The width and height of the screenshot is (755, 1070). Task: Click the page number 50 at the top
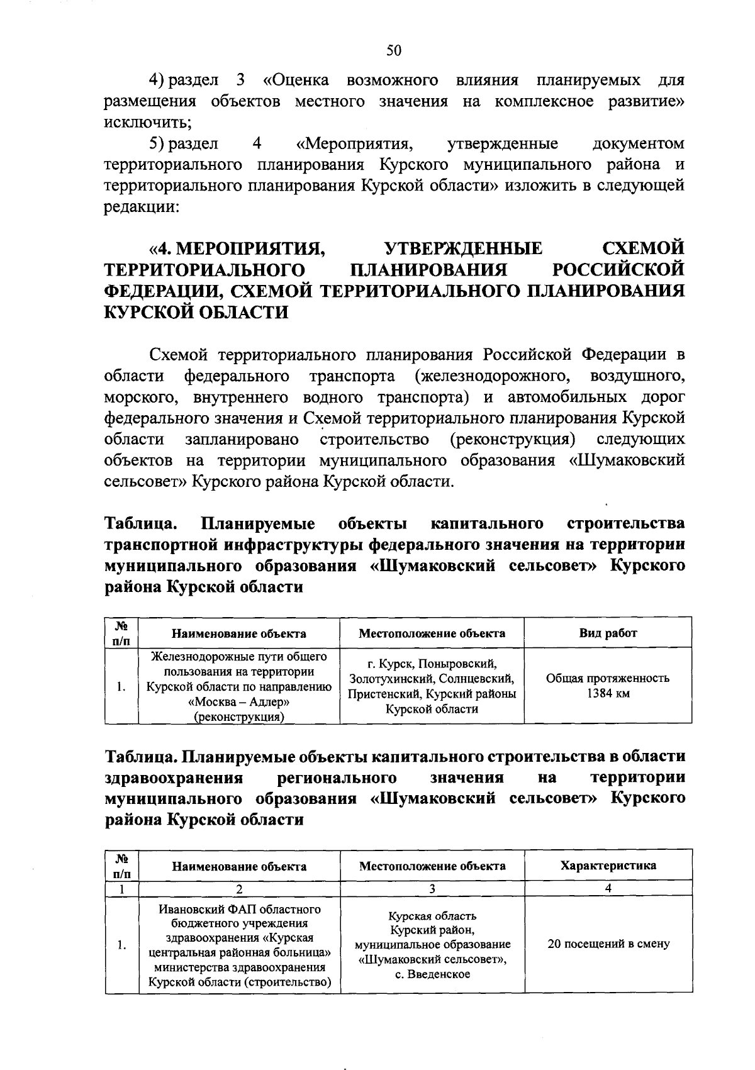394,51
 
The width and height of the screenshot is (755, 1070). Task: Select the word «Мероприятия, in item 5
355,144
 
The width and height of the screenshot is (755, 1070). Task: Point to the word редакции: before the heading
142,208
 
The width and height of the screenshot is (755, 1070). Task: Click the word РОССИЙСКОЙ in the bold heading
618,269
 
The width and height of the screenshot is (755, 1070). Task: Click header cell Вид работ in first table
607,633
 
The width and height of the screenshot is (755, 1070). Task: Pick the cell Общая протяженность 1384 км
607,686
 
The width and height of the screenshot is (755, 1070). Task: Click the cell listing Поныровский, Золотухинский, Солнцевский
432,686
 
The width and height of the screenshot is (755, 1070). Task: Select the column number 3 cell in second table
432,889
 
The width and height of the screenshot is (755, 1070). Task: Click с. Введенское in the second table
432,975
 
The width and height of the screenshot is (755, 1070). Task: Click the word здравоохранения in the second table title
174,777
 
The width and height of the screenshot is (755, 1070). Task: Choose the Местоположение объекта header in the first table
432,633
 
